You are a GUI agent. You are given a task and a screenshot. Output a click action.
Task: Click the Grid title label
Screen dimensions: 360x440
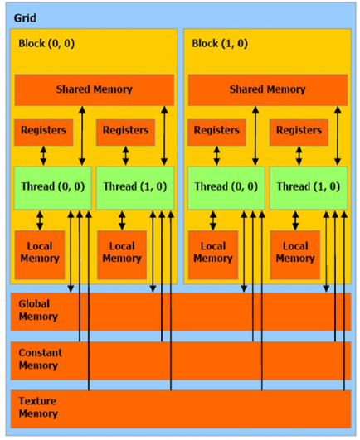25,18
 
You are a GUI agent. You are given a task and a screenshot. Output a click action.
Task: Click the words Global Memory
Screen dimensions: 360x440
38,310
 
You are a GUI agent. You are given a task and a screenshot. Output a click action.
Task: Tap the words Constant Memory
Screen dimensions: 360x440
41,359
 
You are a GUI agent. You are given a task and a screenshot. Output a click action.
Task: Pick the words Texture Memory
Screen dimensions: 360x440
38,407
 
